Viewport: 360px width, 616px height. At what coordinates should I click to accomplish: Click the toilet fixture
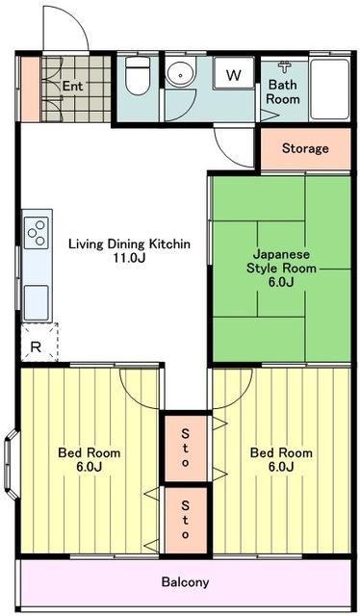[137, 76]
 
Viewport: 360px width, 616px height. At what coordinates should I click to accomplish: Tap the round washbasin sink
[180, 72]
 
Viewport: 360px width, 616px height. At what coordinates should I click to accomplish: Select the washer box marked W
[234, 73]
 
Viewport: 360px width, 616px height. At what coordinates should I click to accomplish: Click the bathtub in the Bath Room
[330, 90]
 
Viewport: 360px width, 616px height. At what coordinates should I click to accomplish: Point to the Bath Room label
[283, 91]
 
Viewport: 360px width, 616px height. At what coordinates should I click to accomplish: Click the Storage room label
[305, 148]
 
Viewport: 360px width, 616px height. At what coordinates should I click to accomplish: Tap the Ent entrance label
[73, 86]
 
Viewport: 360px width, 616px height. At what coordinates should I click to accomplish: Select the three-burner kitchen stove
[37, 233]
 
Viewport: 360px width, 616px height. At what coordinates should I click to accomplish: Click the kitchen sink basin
[37, 302]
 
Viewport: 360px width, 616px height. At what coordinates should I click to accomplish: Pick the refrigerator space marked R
[39, 343]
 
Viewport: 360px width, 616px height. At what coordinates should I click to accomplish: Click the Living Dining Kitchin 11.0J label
[130, 250]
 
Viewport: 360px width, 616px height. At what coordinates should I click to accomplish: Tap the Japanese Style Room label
[281, 269]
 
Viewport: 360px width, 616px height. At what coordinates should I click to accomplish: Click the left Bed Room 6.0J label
[90, 460]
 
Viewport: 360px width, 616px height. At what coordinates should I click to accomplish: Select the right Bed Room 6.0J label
[281, 460]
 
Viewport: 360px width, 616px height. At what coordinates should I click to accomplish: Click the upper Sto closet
[186, 448]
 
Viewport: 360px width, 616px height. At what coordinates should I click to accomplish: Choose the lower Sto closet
[186, 520]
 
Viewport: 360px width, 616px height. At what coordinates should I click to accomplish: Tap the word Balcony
[185, 581]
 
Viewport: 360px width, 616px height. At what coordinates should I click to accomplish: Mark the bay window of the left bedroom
[11, 464]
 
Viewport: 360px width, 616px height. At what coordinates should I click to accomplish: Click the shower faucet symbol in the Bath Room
[284, 66]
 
